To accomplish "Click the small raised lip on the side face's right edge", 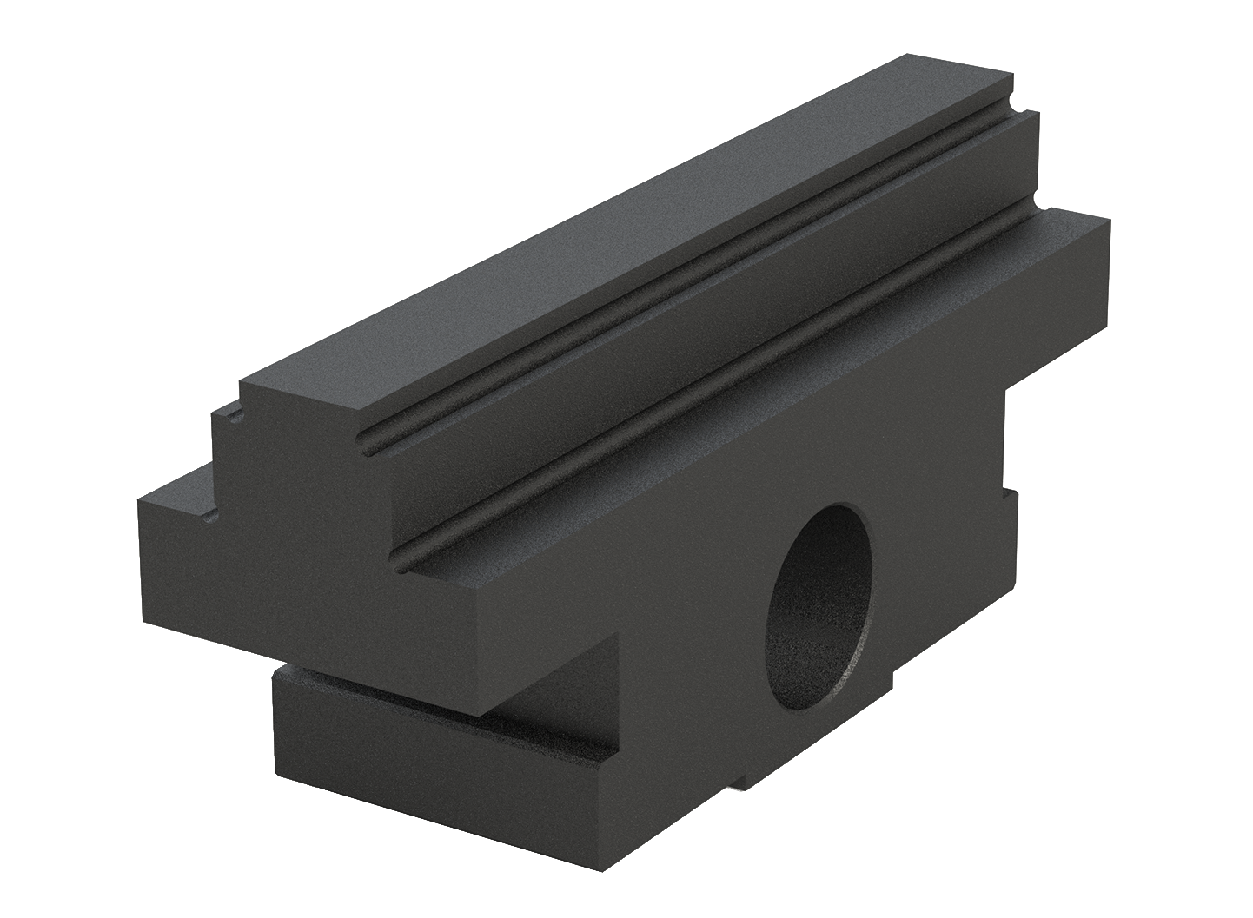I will click(1010, 504).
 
